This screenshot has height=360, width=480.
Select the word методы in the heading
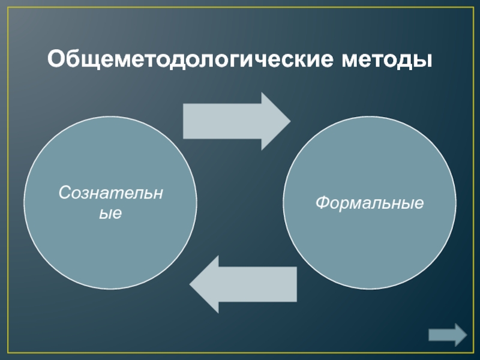point(388,60)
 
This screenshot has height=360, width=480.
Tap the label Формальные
point(370,203)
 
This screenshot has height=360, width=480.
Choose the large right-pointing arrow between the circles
point(236,121)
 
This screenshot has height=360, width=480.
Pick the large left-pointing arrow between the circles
point(242,284)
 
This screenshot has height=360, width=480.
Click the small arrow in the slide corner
point(448,334)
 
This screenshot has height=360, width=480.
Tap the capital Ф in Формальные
point(322,203)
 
